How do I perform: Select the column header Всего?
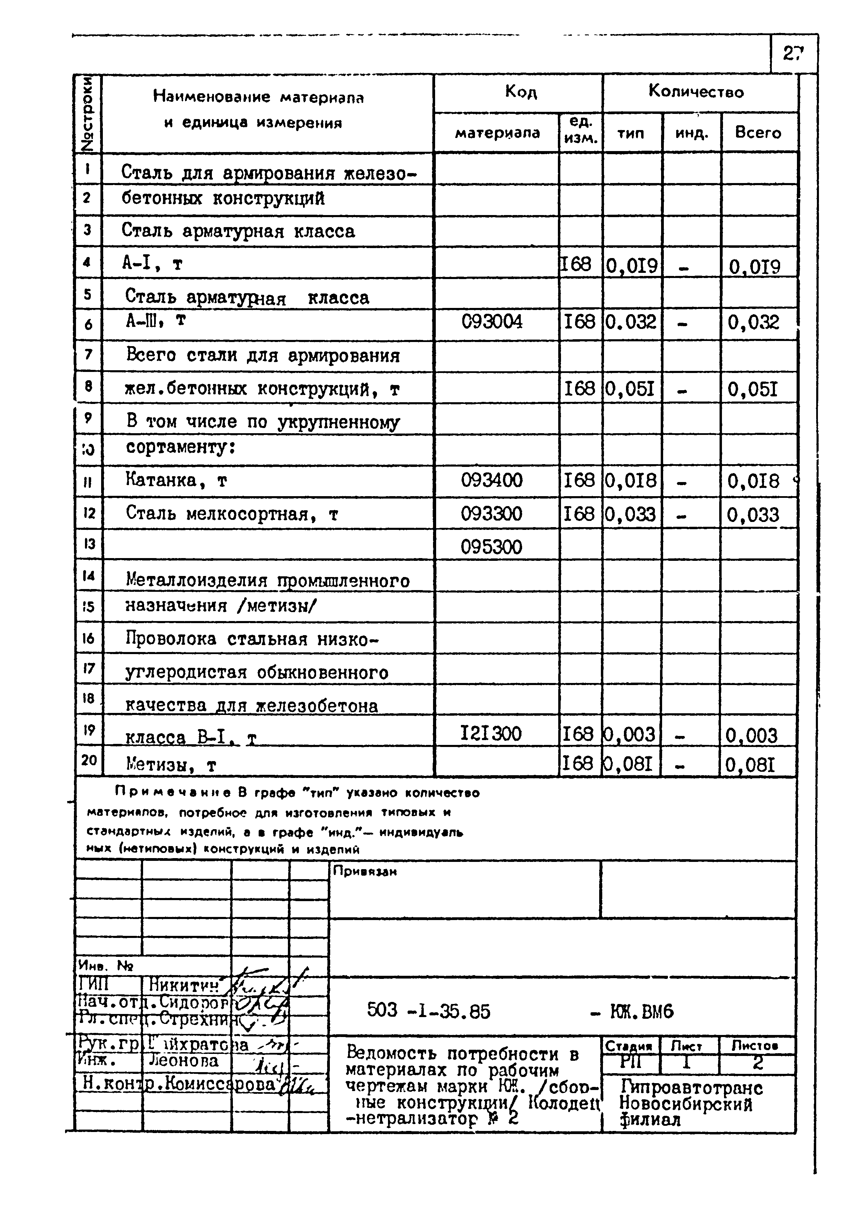tap(758, 133)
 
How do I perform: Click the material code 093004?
tap(492, 321)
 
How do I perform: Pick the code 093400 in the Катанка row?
tap(492, 480)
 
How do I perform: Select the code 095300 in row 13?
tap(492, 547)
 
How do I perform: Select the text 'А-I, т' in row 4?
tap(152, 263)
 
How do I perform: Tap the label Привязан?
tap(365, 872)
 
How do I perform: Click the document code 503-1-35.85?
tap(428, 1011)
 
